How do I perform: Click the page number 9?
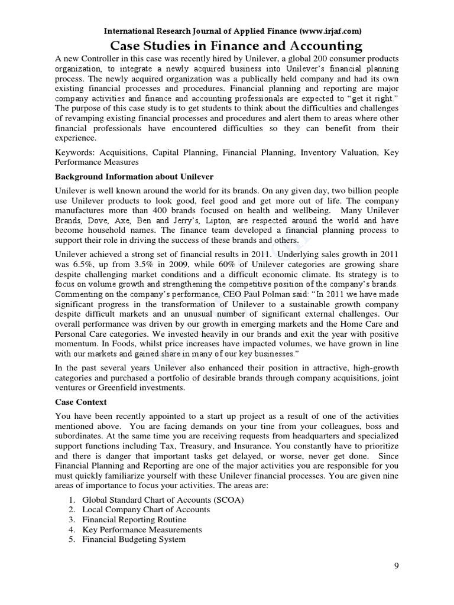(397, 566)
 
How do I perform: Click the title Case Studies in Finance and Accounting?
(228, 45)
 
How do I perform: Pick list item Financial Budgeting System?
(134, 539)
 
